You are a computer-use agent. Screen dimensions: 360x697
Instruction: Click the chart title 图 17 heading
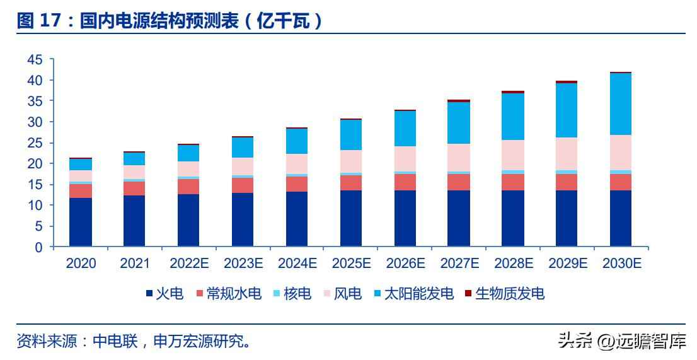pos(170,20)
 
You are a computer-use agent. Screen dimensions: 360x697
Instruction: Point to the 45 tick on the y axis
pos(35,59)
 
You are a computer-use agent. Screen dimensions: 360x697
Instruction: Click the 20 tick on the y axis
pos(35,164)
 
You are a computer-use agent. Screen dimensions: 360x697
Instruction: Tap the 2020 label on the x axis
pos(81,264)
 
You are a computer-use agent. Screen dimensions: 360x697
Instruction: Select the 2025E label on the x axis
pos(351,264)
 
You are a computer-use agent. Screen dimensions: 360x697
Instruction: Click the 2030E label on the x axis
pos(621,264)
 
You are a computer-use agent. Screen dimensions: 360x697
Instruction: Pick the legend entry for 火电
pos(164,294)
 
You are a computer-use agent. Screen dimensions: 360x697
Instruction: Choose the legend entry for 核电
pos(292,294)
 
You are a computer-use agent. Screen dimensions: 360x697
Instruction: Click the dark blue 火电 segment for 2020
pos(81,222)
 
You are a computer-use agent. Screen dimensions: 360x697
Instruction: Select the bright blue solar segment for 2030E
pos(621,104)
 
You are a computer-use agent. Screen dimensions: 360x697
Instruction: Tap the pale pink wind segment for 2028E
pos(513,155)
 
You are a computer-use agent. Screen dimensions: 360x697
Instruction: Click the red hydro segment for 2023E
pos(243,185)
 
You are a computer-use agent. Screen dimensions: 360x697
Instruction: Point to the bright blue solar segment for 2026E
pos(405,129)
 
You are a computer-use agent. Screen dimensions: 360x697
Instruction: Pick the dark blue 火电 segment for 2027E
pos(459,218)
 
